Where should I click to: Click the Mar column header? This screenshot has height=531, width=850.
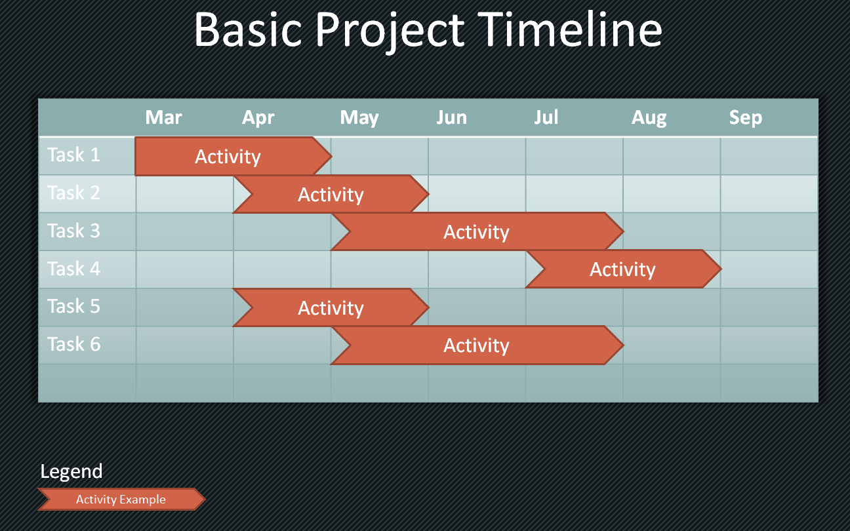(x=163, y=117)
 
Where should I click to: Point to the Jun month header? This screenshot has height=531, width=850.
(x=451, y=117)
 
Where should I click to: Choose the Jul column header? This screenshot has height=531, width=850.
(x=546, y=117)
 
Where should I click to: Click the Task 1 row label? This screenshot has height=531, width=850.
(x=73, y=155)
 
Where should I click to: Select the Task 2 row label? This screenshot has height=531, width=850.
(x=73, y=193)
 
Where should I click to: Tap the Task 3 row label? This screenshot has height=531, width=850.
(x=73, y=231)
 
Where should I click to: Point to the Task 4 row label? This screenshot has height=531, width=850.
(x=73, y=269)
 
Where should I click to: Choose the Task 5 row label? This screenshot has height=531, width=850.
(x=73, y=306)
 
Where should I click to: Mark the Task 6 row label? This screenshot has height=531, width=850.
(x=73, y=344)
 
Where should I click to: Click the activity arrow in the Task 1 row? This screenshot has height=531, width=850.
(x=233, y=156)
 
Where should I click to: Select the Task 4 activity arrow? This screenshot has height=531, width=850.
(x=624, y=269)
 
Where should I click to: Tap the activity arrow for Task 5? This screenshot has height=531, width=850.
(x=331, y=307)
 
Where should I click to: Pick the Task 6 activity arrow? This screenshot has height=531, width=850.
(x=477, y=345)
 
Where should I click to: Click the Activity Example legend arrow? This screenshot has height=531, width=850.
(x=121, y=499)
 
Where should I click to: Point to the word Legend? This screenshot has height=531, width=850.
(x=71, y=471)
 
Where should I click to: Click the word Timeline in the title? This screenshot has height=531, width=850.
(x=569, y=29)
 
